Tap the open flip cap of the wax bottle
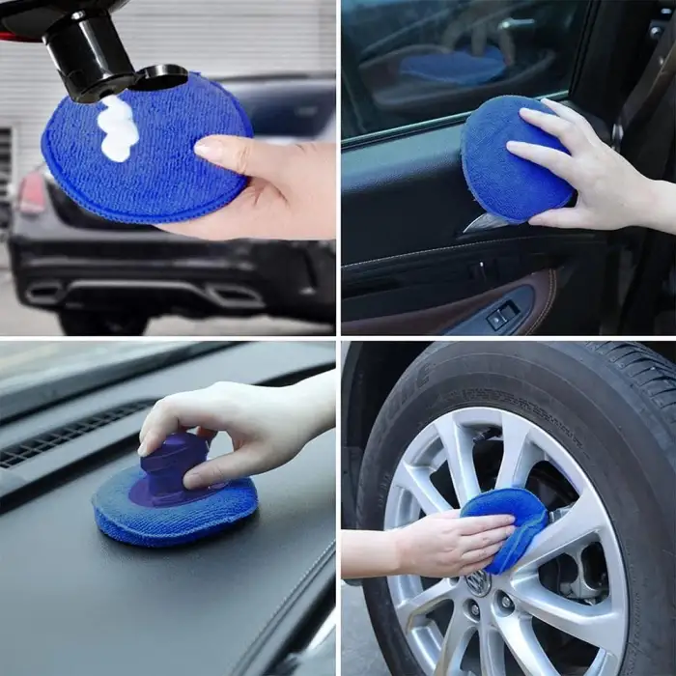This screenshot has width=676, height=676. pyautogui.click(x=161, y=75)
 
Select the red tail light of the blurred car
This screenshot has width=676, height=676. pyautogui.click(x=32, y=194)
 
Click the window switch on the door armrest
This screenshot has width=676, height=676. pyautogui.click(x=502, y=315)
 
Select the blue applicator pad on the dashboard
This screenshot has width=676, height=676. pyautogui.click(x=174, y=507)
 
